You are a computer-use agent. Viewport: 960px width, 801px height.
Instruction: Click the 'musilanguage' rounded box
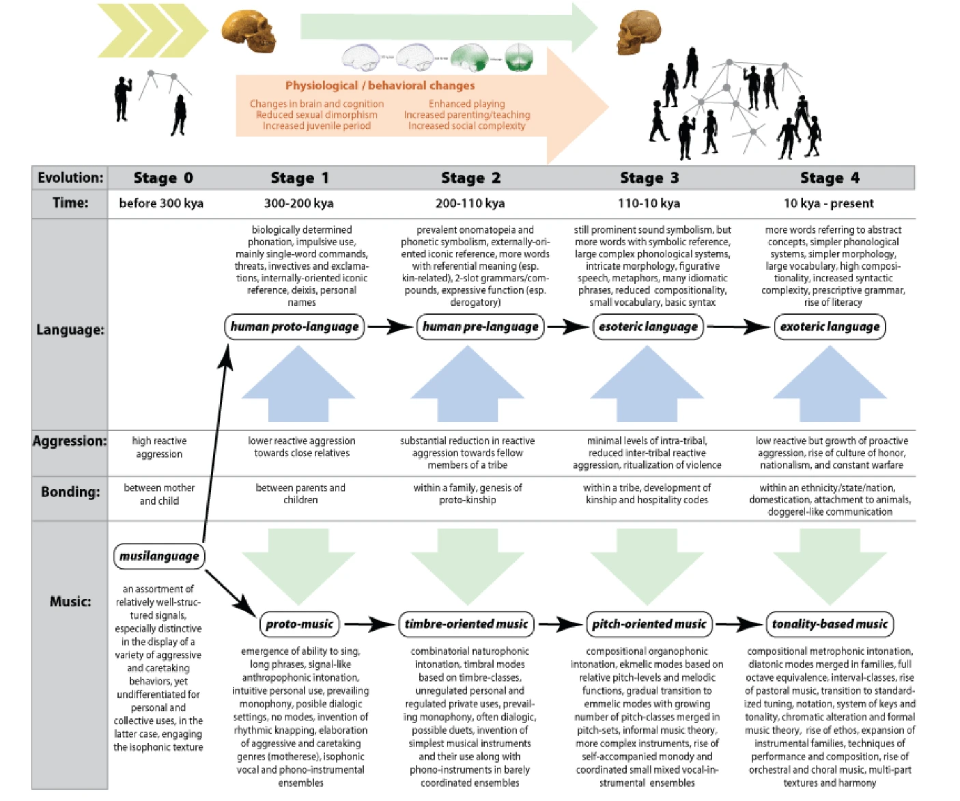click(x=159, y=556)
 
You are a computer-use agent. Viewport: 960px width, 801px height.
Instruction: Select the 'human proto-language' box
click(x=294, y=326)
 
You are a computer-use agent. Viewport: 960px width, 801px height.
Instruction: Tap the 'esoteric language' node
click(x=648, y=326)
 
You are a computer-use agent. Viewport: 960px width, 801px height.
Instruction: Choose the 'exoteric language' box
click(x=830, y=326)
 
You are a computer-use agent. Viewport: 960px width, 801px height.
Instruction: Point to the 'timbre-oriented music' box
click(x=466, y=623)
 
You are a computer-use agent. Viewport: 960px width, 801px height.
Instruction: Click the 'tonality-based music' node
click(x=830, y=623)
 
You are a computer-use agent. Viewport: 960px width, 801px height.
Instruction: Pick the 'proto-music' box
click(x=299, y=623)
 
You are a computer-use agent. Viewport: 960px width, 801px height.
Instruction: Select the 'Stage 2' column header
click(x=470, y=178)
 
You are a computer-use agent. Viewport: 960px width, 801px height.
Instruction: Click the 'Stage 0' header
click(x=163, y=178)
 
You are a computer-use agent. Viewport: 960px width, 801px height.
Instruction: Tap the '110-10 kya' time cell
click(x=649, y=203)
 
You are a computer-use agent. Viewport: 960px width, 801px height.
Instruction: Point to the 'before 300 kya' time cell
click(x=161, y=203)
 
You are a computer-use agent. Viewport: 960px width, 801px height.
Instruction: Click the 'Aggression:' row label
click(x=70, y=441)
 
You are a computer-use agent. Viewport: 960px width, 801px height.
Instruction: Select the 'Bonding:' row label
click(x=70, y=492)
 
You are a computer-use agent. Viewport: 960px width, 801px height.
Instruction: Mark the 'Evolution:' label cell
click(x=70, y=178)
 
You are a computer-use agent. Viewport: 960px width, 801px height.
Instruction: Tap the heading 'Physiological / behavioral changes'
click(x=380, y=85)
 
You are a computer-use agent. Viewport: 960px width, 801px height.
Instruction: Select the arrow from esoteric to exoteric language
click(x=738, y=326)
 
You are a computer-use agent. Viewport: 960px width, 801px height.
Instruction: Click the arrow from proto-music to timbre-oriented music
click(x=369, y=623)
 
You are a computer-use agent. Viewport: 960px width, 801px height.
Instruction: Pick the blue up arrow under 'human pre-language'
click(x=467, y=382)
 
